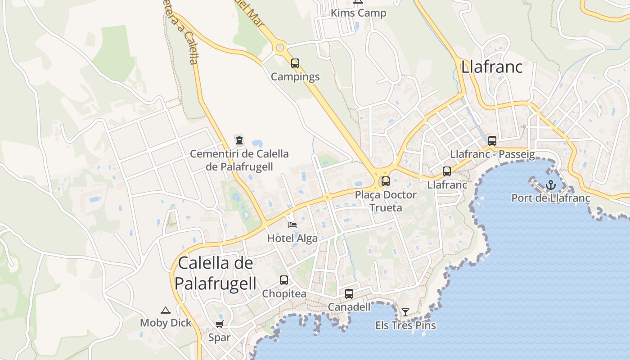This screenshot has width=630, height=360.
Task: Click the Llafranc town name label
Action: (x=491, y=67)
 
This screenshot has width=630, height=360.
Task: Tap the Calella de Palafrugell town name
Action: (x=216, y=273)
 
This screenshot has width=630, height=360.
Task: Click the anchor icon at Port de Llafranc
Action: (x=551, y=185)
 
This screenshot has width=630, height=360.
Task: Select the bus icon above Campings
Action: (x=295, y=63)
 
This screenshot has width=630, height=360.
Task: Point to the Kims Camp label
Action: (x=358, y=13)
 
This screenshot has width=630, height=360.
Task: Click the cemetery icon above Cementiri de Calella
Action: (x=239, y=140)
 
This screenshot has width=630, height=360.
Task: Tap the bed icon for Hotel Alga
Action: (x=292, y=225)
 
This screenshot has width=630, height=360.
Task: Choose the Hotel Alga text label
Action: (x=292, y=238)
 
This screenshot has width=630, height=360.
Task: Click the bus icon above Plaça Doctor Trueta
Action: (x=386, y=181)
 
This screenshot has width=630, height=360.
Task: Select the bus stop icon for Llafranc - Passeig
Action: (x=492, y=141)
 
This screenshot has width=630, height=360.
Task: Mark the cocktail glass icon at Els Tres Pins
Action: (x=405, y=312)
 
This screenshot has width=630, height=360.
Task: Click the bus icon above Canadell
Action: (x=349, y=294)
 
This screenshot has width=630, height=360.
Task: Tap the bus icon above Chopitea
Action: (x=284, y=280)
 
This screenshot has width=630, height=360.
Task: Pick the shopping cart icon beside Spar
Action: (x=220, y=324)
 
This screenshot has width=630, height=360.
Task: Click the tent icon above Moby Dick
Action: (x=166, y=310)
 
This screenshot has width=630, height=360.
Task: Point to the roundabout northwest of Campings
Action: (x=280, y=47)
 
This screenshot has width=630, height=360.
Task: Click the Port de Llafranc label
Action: (x=551, y=198)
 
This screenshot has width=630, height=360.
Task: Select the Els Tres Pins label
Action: (x=405, y=325)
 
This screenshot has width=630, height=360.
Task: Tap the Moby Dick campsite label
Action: (x=166, y=323)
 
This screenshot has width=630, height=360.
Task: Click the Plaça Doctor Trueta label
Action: (x=386, y=201)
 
